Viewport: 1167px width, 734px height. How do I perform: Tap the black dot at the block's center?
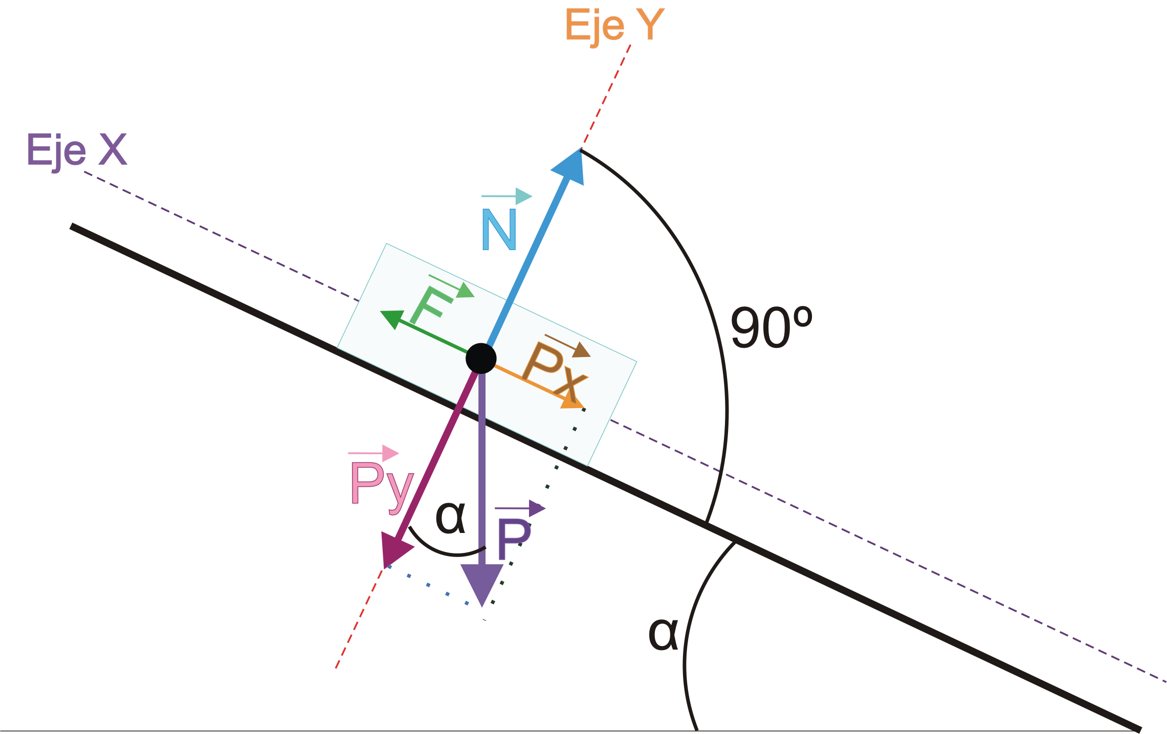tap(481, 358)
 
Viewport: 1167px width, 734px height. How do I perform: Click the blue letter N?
tap(499, 230)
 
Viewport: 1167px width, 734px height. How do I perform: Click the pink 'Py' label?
tap(382, 487)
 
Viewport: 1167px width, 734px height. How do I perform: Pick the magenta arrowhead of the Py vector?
tap(396, 550)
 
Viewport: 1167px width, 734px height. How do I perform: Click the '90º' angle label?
tap(772, 328)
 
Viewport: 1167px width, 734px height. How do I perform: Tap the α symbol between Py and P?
tap(450, 518)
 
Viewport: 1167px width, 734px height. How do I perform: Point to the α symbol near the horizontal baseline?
tap(663, 634)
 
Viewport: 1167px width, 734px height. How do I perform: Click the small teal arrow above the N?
tap(507, 196)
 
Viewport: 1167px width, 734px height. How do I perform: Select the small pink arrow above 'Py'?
tap(373, 453)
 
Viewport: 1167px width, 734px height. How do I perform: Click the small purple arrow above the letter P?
tap(520, 508)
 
